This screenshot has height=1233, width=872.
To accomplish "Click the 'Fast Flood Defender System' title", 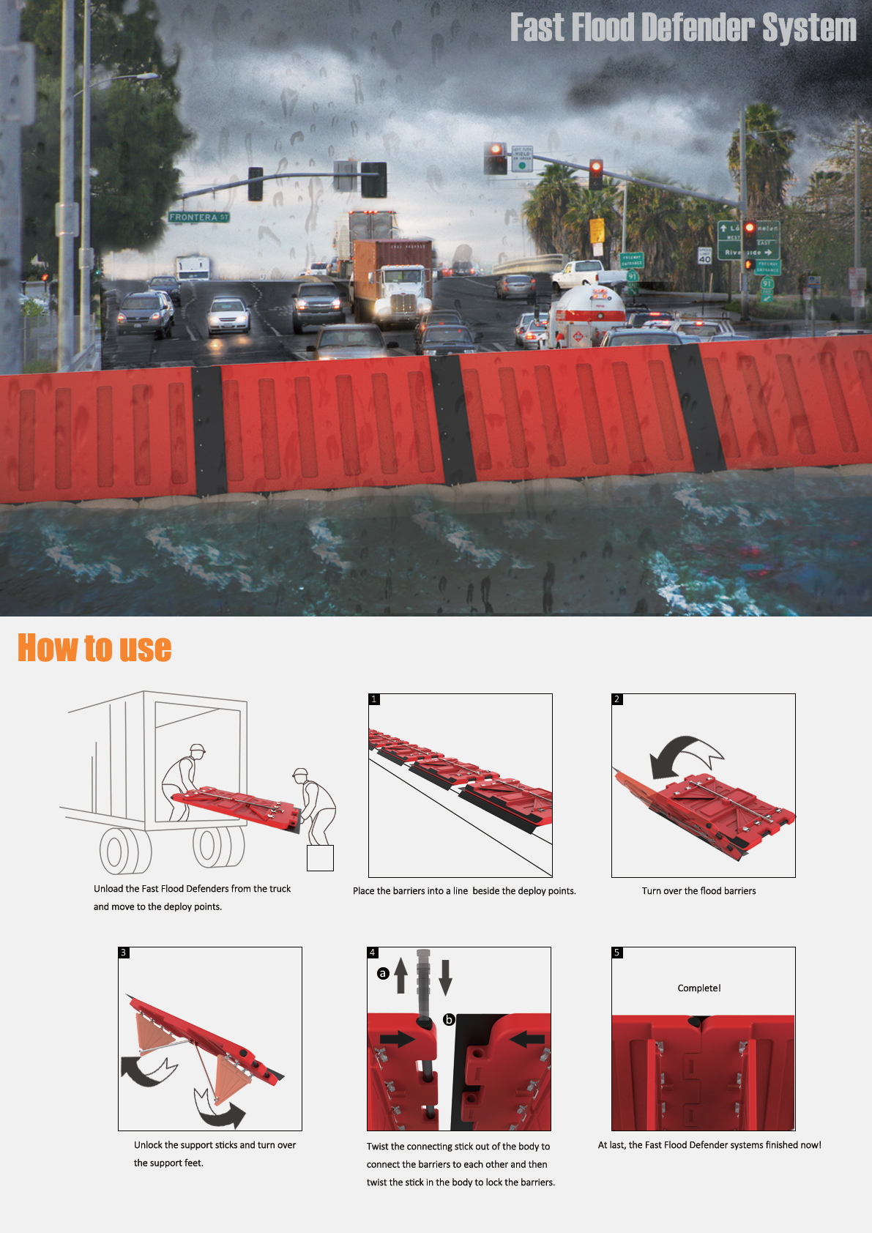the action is pyautogui.click(x=683, y=28).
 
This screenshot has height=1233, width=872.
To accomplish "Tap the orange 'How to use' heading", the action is pyautogui.click(x=94, y=648).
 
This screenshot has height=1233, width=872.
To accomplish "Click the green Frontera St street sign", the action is pyautogui.click(x=198, y=217).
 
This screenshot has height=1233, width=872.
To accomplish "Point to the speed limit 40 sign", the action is pyautogui.click(x=704, y=256).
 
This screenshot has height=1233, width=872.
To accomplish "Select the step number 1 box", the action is pyautogui.click(x=374, y=699).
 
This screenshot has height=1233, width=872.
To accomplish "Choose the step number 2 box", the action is pyautogui.click(x=617, y=699).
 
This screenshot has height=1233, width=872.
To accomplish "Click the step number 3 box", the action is pyautogui.click(x=123, y=953).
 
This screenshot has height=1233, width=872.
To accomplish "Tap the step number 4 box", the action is pyautogui.click(x=373, y=953).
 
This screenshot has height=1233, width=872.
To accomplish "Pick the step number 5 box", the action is pyautogui.click(x=617, y=953).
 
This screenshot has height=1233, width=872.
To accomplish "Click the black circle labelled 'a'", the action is pyautogui.click(x=383, y=974).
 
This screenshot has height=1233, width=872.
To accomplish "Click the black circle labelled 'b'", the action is pyautogui.click(x=450, y=1019).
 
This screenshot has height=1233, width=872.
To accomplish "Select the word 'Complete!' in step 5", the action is pyautogui.click(x=699, y=988).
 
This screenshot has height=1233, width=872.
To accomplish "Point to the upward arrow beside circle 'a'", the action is pyautogui.click(x=400, y=975).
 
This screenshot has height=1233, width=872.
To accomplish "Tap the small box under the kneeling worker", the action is pyautogui.click(x=320, y=858).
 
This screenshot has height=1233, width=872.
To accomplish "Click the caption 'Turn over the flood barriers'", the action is pyautogui.click(x=698, y=890).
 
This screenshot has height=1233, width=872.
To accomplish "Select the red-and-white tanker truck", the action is pyautogui.click(x=588, y=314).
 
